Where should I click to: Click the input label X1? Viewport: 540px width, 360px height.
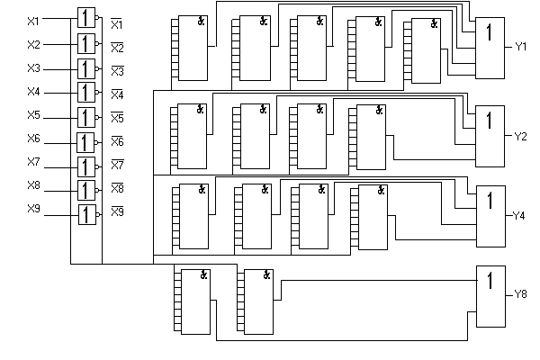pyautogui.click(x=33, y=20)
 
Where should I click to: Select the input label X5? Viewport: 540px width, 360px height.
pyautogui.click(x=33, y=116)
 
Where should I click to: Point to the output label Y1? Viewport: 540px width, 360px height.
pyautogui.click(x=521, y=45)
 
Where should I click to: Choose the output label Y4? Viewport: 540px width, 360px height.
pyautogui.click(x=520, y=216)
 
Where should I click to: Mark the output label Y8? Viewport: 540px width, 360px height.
pyautogui.click(x=521, y=294)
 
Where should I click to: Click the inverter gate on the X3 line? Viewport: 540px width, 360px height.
pyautogui.click(x=86, y=68)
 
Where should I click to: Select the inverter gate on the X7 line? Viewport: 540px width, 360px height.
pyautogui.click(x=86, y=166)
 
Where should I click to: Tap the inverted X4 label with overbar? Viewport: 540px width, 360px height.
pyautogui.click(x=117, y=93)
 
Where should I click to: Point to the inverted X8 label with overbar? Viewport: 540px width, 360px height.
pyautogui.click(x=117, y=188)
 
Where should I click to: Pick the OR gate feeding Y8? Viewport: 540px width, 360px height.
pyautogui.click(x=490, y=298)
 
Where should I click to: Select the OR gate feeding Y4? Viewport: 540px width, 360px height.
pyautogui.click(x=490, y=216)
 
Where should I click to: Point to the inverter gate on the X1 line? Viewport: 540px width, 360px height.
pyautogui.click(x=86, y=19)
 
